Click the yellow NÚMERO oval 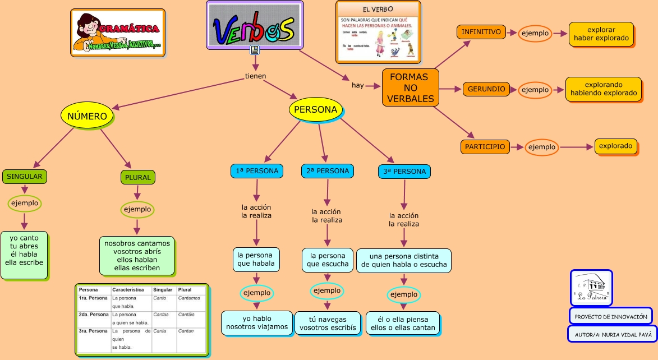coord(87,116)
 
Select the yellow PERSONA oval coord(315,109)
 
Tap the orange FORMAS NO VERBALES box coord(411,88)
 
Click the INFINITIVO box coord(481,32)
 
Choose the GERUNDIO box coord(486,89)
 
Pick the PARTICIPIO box coord(485,147)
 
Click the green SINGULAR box coord(25,176)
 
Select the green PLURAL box coord(137,177)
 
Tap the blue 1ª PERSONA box coord(257,170)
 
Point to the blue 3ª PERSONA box coord(404,171)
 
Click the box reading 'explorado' coord(615,146)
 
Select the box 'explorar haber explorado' coord(601,34)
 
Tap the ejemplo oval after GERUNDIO coord(535,90)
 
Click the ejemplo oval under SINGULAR coord(25,203)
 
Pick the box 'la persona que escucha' coord(328,260)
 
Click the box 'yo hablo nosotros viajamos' coord(257,322)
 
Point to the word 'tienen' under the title coord(256,76)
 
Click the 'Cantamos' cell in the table coord(188,298)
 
